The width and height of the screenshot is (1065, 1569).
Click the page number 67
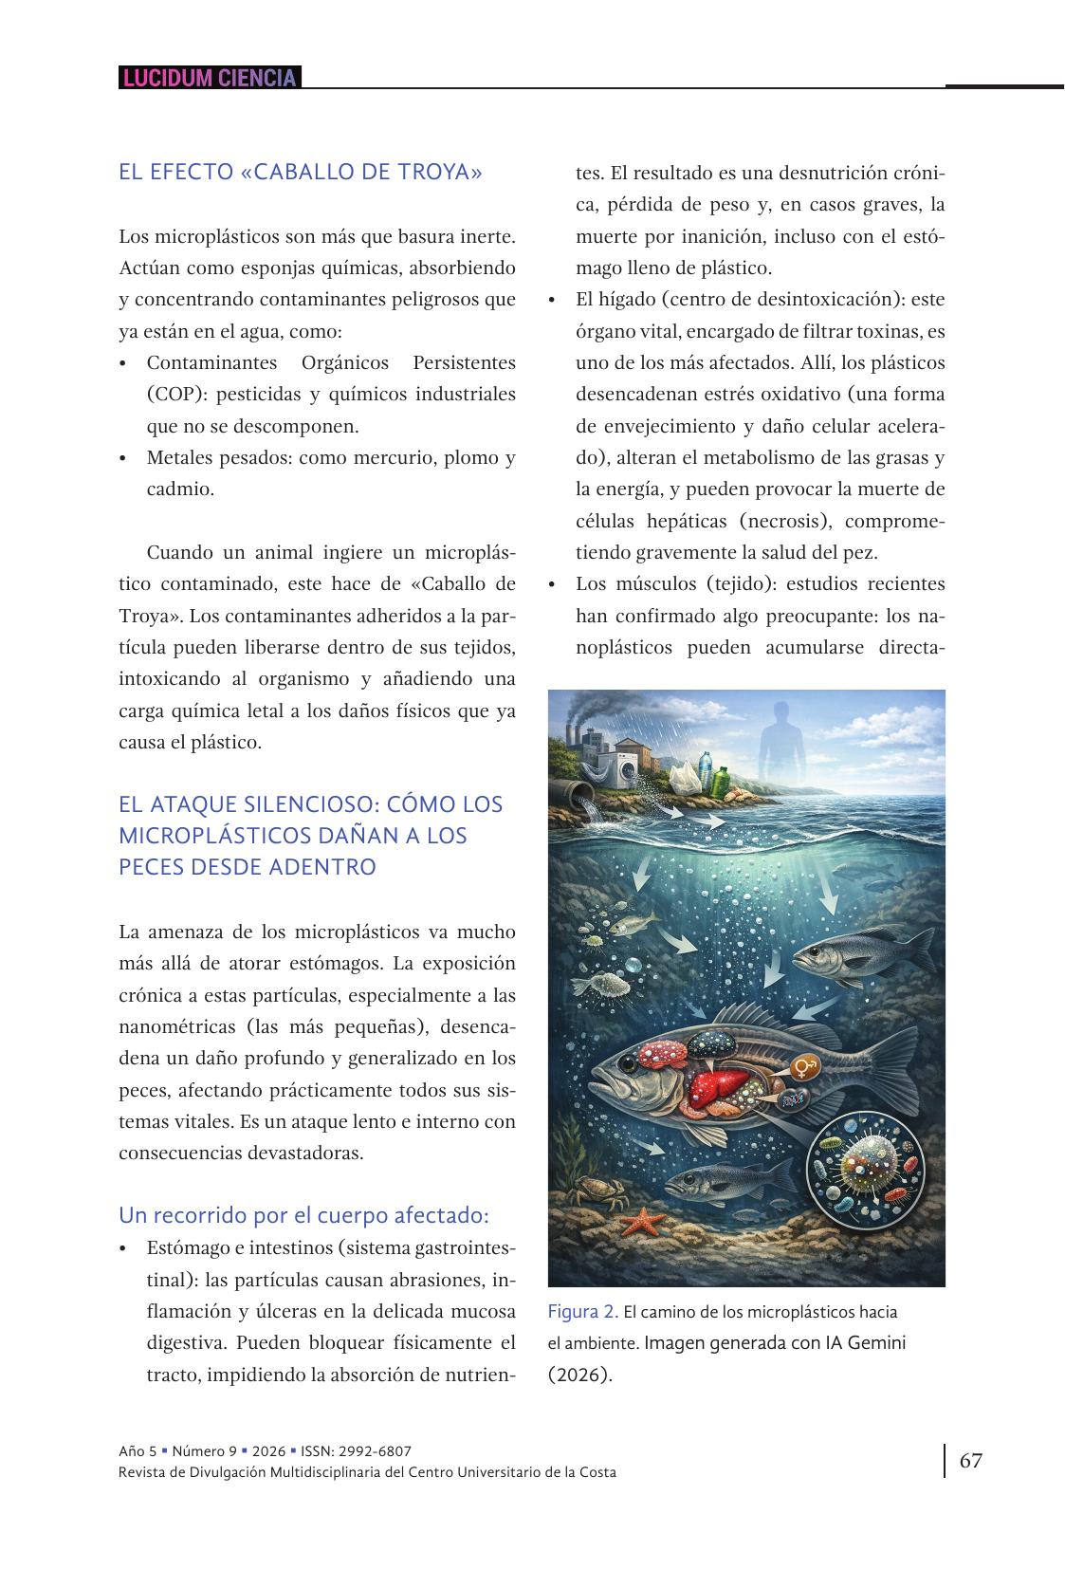tap(970, 1460)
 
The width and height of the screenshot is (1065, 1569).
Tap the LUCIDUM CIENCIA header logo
tap(210, 78)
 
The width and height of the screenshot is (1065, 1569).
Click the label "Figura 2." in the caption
tap(582, 1312)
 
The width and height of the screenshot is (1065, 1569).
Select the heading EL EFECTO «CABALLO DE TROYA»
tap(301, 173)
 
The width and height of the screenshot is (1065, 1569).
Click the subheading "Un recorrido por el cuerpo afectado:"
tap(303, 1215)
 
